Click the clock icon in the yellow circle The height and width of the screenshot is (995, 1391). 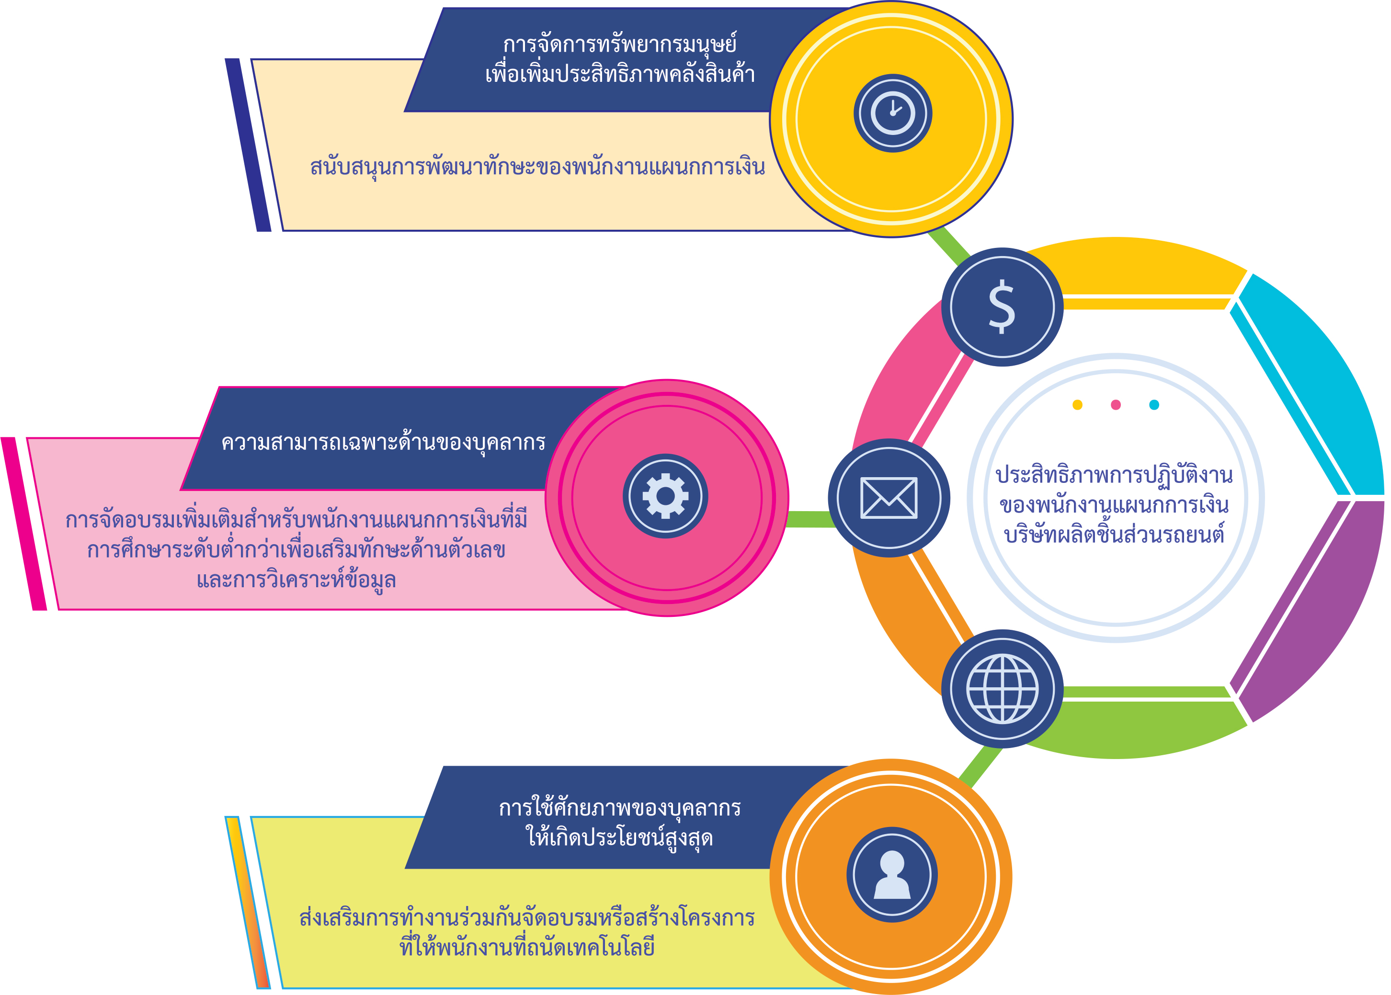click(892, 113)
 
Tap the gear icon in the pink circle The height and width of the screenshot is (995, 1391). click(665, 496)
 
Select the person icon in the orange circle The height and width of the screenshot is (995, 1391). click(892, 874)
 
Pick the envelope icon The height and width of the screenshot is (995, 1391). click(889, 498)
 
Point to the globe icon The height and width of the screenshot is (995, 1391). click(1003, 689)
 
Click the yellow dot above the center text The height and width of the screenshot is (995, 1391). click(1077, 404)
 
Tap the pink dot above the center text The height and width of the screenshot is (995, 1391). click(1116, 404)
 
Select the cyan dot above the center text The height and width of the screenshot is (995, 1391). click(1154, 404)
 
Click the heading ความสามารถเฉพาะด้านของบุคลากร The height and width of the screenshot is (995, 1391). click(383, 442)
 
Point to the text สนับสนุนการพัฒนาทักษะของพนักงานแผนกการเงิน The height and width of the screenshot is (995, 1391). click(537, 167)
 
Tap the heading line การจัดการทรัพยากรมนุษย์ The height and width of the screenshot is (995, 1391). click(619, 44)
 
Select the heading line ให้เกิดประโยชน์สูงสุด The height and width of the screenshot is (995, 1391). click(619, 837)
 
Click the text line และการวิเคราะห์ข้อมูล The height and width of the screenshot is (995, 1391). click(296, 580)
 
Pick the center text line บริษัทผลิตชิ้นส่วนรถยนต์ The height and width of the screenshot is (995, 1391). click(1114, 534)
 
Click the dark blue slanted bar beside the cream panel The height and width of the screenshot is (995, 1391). click(248, 145)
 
